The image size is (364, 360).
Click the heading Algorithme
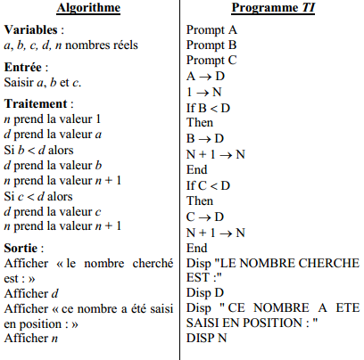88,8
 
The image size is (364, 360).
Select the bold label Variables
32,30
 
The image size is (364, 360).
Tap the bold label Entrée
26,68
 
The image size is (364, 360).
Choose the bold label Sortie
24,246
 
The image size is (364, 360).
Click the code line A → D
205,76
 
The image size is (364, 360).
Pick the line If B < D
208,108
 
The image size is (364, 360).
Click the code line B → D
204,138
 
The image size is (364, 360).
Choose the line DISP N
207,339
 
